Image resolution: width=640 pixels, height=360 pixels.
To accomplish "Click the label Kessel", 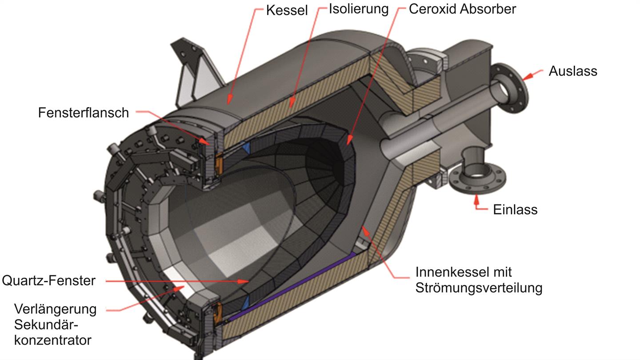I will (287, 10).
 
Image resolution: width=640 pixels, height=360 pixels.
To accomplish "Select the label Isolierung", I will (358, 9).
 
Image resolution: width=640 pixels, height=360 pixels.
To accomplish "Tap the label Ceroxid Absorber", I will (462, 9).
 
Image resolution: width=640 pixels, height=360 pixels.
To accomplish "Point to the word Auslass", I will (572, 71).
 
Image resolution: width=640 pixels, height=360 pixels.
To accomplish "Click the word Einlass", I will (515, 209).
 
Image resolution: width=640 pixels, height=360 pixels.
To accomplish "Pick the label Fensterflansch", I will (83, 113).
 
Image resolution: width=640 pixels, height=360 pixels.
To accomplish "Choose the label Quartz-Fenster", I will (48, 281).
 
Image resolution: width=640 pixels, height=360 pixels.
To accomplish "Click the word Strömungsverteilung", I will (479, 288).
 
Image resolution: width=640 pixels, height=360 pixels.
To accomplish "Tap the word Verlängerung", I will (55, 309).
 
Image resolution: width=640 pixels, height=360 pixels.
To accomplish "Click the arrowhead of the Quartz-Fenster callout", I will (245, 281).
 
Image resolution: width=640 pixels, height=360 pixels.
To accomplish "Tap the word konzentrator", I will (52, 340).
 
